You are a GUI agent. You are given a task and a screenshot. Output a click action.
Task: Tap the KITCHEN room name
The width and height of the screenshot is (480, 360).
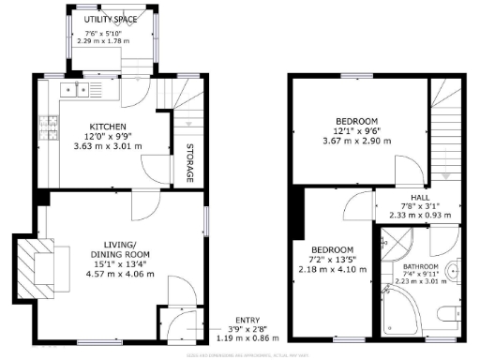point(108,127)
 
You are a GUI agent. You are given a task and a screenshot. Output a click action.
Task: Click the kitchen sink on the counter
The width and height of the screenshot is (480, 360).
point(74,90)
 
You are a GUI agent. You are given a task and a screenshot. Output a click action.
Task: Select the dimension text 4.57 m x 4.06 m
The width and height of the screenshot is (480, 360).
point(119,276)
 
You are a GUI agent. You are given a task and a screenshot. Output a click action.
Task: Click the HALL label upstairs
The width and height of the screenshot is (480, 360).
point(420,197)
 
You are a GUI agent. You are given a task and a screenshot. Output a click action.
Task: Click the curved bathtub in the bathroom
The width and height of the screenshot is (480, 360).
point(398,314)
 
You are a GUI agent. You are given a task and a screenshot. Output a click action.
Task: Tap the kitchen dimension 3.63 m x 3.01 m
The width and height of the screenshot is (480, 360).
point(108,146)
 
